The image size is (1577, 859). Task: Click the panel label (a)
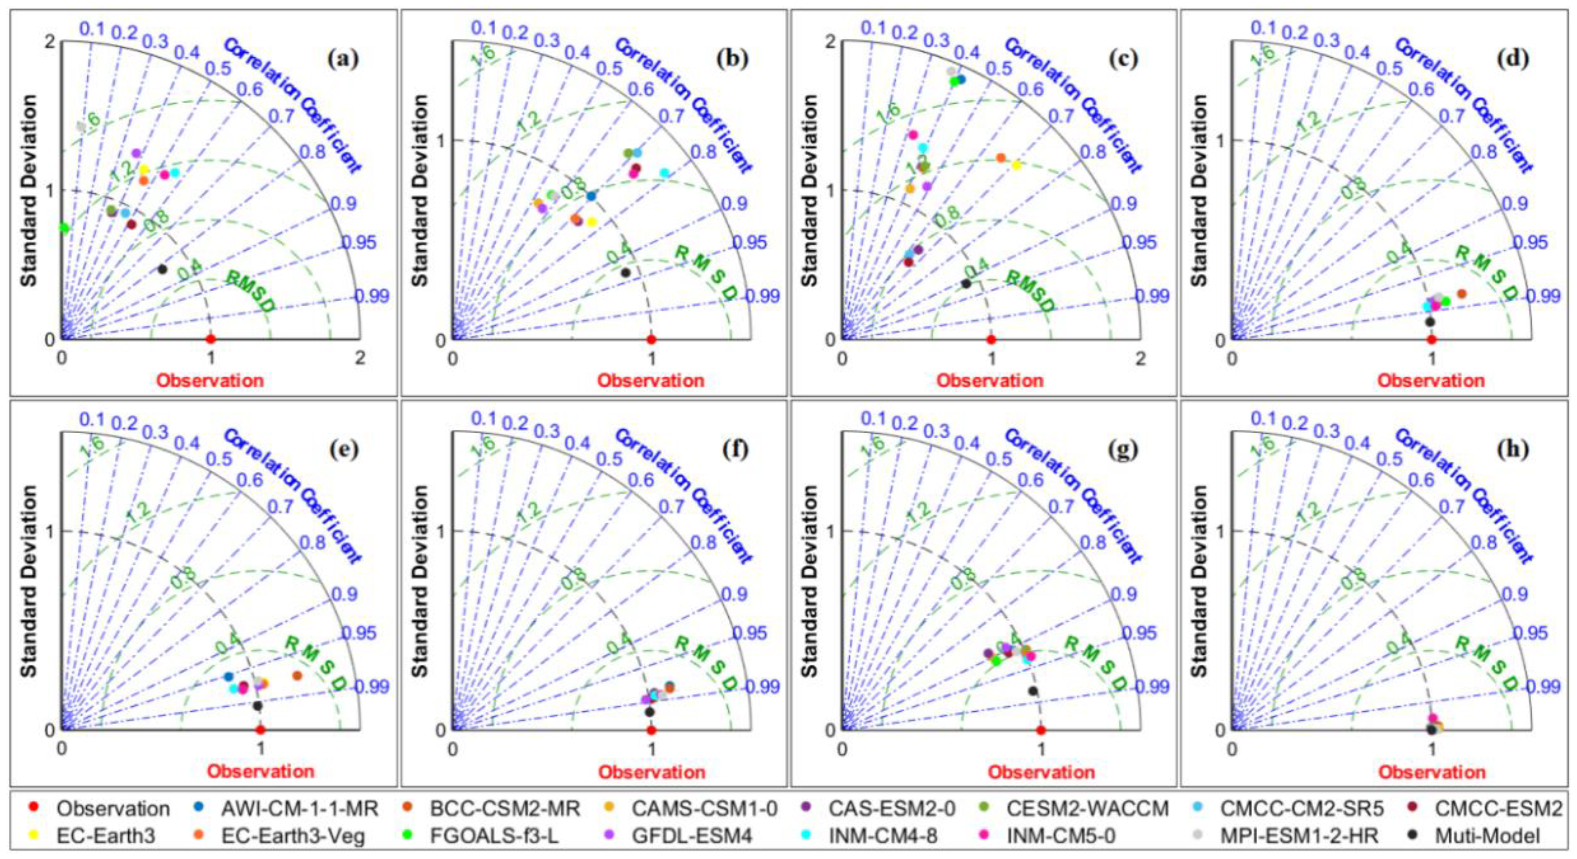coord(343,59)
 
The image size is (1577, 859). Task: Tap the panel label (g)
coord(1123,450)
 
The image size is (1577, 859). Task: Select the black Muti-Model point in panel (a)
coord(162,269)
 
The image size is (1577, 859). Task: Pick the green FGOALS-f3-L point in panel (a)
coord(64,228)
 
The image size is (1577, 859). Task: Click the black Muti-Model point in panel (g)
coord(1033,691)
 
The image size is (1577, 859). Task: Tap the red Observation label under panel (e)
coord(260,771)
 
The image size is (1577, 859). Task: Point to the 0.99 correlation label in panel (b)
coord(761,296)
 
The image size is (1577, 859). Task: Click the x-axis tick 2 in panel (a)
coord(360,357)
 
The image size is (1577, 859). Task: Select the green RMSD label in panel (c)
coord(1031,292)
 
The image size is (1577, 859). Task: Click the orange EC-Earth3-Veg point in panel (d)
coord(1461,294)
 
